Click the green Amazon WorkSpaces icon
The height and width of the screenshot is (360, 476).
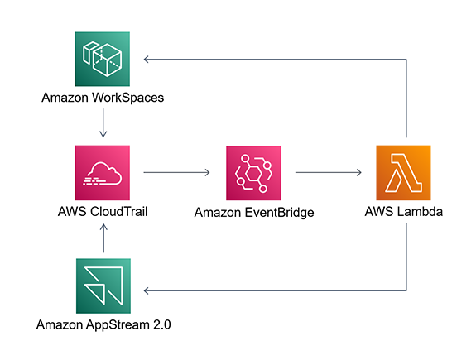[102, 60]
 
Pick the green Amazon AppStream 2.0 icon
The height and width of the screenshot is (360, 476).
[102, 286]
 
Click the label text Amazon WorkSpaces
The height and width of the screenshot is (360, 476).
[102, 98]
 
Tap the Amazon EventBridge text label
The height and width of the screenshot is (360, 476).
[254, 213]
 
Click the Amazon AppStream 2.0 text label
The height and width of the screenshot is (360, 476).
[102, 324]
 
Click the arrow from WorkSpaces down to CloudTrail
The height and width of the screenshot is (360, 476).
[102, 124]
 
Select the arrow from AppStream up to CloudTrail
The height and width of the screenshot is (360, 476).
[102, 238]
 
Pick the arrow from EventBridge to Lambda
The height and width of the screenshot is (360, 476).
[329, 173]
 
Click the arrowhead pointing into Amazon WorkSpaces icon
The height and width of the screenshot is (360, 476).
[147, 60]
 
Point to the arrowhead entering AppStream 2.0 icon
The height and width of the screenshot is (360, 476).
[147, 290]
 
